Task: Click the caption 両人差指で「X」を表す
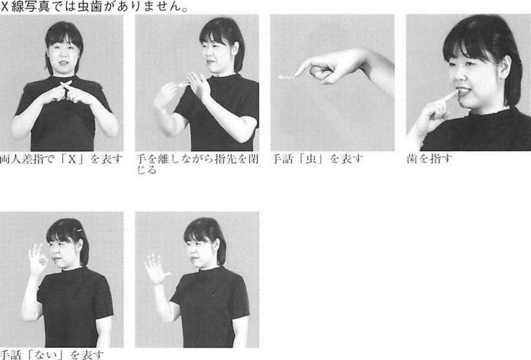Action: point(61,159)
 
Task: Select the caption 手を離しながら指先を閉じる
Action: point(197,164)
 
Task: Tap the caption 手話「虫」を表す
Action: point(317,159)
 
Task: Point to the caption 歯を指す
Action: point(429,159)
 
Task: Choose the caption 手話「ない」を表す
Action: point(52,355)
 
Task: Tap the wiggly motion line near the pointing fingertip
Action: point(287,77)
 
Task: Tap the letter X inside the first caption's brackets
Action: point(72,159)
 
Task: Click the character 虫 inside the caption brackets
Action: point(310,159)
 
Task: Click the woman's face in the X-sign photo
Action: point(64,54)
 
